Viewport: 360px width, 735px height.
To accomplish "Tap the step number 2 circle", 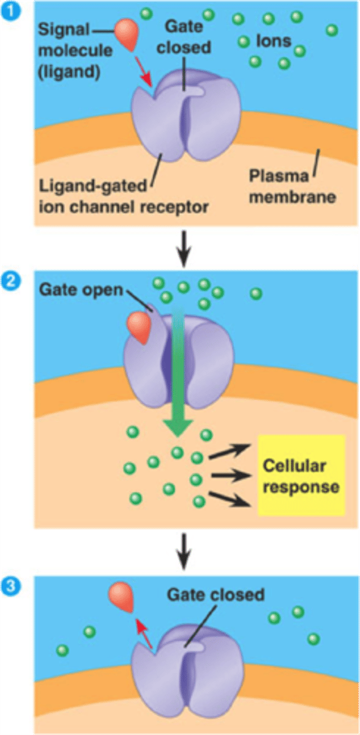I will [10, 284].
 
